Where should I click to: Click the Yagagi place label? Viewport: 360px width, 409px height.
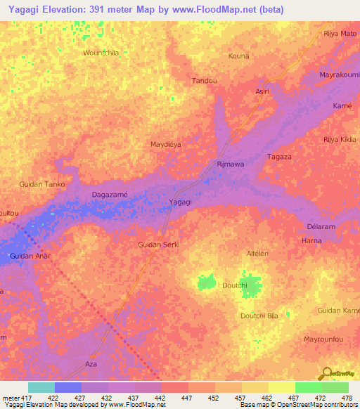coord(181,202)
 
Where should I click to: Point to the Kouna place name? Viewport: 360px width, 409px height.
coord(239,56)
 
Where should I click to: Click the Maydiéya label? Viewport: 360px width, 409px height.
coord(166,144)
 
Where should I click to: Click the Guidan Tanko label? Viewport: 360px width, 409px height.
coord(42,184)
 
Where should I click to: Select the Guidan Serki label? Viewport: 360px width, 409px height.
coord(159,244)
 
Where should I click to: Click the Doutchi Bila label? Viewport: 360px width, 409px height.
coord(259,316)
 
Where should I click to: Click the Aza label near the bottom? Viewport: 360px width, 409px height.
coord(90,365)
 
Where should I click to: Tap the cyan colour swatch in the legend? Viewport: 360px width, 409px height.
coord(41,387)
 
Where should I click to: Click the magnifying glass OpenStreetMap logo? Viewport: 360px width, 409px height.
coord(326,374)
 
